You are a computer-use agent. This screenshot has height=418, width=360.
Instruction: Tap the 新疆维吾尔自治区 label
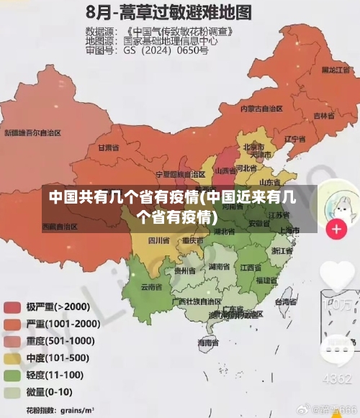coord(32,133)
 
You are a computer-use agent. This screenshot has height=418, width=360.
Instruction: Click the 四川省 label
coord(158,240)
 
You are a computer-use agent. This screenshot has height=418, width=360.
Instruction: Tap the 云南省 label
coord(151,286)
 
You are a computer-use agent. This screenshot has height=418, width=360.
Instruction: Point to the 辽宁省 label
coord(294,138)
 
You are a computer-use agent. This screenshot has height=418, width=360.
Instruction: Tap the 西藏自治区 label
coord(60,227)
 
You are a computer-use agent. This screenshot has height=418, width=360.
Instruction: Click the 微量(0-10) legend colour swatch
coord(12,392)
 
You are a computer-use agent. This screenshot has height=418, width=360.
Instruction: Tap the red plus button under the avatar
coord(336,230)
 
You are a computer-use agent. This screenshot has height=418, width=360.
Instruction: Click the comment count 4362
coord(336,378)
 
